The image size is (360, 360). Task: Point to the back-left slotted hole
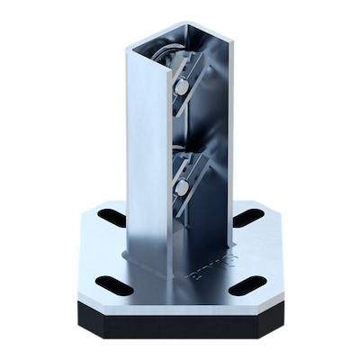coord(110,216)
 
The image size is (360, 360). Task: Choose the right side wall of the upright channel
coord(226,135)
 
